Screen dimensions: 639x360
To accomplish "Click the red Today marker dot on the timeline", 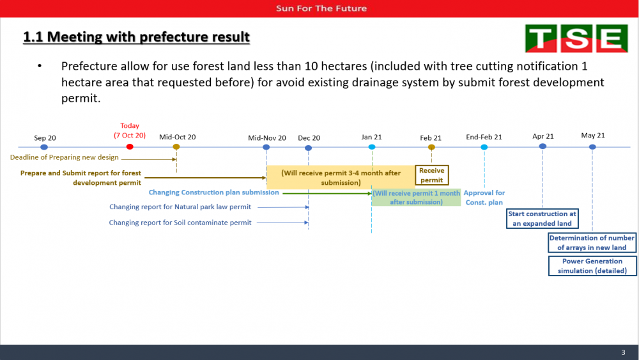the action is coord(130,147).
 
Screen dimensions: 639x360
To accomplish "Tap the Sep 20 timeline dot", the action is coord(44,147).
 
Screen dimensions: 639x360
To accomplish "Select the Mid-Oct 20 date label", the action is coord(177,137).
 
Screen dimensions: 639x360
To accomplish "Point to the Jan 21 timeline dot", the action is coord(372,147).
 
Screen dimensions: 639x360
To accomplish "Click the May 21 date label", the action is coord(593,136).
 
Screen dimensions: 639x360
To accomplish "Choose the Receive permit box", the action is coord(431,175).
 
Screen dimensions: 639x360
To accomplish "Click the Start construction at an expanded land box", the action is coord(542,219).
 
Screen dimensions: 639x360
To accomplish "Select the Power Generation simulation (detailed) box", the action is coord(592,266).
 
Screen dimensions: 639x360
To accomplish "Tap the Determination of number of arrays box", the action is coord(592,242).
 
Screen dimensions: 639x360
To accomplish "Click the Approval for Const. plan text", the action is coord(484,198).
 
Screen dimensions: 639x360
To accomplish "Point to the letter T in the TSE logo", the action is coord(541,39).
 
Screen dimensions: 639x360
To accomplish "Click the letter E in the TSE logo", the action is coord(612,39).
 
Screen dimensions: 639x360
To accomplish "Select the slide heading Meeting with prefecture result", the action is coord(136,36).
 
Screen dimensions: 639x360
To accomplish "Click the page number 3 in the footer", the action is coord(623,352).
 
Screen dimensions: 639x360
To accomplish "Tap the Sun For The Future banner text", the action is coord(321,8).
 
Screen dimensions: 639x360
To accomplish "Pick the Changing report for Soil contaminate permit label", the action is coord(180,223).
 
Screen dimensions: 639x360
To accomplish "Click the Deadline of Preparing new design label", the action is coord(65,157).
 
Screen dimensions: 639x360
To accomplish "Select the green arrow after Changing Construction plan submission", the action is coord(327,193).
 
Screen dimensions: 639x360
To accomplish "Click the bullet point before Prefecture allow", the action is coord(40,66).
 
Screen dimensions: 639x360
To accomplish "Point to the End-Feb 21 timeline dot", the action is coord(484,147).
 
